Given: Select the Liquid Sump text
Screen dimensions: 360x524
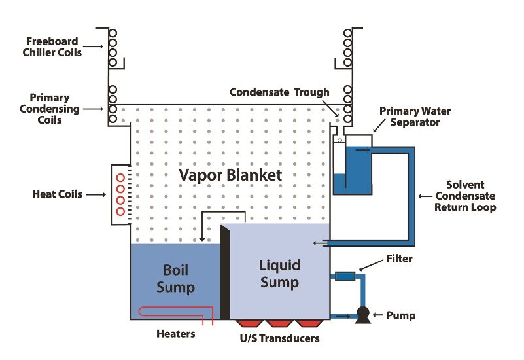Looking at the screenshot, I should pyautogui.click(x=280, y=274).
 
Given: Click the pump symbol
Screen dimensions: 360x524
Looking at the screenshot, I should pyautogui.click(x=360, y=316).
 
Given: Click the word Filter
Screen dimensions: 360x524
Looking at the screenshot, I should pyautogui.click(x=399, y=259).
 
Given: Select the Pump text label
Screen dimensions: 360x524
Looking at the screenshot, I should pyautogui.click(x=400, y=316).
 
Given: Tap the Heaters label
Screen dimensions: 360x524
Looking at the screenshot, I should pyautogui.click(x=175, y=334).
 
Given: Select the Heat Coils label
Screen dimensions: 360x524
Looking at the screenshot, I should pyautogui.click(x=58, y=194).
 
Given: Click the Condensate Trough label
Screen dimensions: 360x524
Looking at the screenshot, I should pyautogui.click(x=279, y=92).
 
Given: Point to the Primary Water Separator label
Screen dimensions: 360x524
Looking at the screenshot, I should pyautogui.click(x=415, y=117).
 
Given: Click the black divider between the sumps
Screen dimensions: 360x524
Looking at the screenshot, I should pyautogui.click(x=226, y=275).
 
